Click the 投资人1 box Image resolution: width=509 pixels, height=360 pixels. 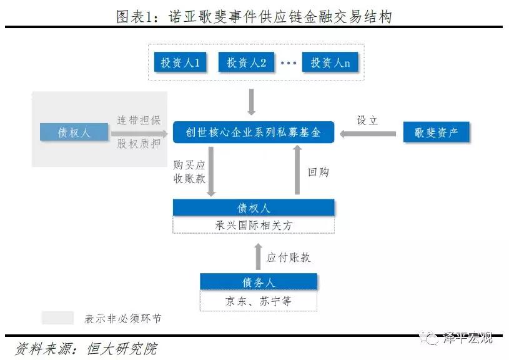coord(180,62)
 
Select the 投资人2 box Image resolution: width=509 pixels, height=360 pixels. coord(247,62)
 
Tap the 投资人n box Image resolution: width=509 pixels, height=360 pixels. coord(330,62)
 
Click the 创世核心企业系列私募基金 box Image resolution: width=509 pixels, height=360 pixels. coord(254,132)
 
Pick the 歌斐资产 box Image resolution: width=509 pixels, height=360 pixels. coord(437,132)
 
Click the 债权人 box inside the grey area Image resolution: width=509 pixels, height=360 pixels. coord(74,132)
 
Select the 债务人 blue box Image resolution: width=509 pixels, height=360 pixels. coord(259,281)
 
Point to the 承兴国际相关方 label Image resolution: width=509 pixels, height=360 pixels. coord(254,225)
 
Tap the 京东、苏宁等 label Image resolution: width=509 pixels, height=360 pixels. coord(259,301)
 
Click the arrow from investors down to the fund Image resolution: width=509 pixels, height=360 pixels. coord(251,102)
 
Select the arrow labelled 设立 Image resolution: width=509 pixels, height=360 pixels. coord(368,134)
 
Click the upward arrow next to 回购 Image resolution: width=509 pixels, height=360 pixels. coord(297,170)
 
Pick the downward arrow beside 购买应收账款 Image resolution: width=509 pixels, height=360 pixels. coord(211,171)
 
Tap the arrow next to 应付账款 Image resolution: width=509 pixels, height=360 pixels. coord(258,256)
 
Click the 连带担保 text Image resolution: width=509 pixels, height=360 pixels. coord(139,120)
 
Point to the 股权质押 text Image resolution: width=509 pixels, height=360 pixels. coord(139,144)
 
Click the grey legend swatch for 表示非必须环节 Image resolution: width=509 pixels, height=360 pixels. coord(58,317)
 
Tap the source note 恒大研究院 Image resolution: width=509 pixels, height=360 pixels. coord(122,349)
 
